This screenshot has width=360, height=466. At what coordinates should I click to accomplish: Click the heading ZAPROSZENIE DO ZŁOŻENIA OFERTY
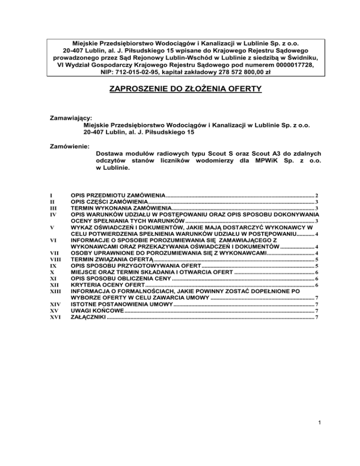point(180,88)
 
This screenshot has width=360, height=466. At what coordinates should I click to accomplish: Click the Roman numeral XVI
point(55,318)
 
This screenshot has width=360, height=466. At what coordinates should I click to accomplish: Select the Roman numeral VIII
point(56,259)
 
